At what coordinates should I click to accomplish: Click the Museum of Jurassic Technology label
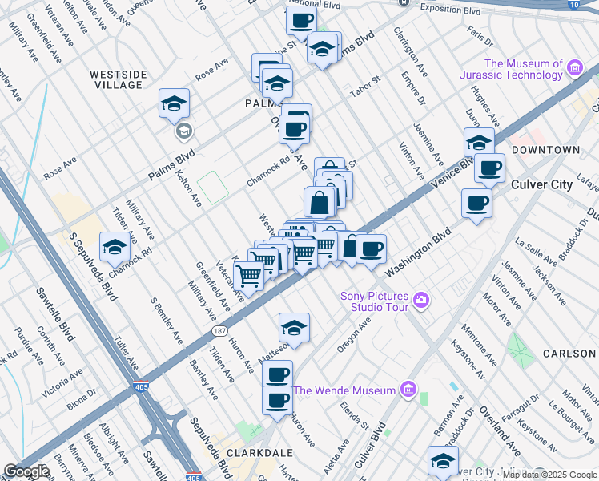tap(524, 69)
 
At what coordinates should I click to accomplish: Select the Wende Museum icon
tap(408, 390)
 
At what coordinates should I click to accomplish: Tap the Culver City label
tap(542, 184)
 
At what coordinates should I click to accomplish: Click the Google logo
tap(26, 471)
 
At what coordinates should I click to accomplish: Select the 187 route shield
tap(219, 330)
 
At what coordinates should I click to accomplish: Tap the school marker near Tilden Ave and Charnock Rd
tap(115, 247)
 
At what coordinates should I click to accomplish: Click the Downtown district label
tap(545, 150)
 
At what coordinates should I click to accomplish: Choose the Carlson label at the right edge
tap(569, 354)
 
